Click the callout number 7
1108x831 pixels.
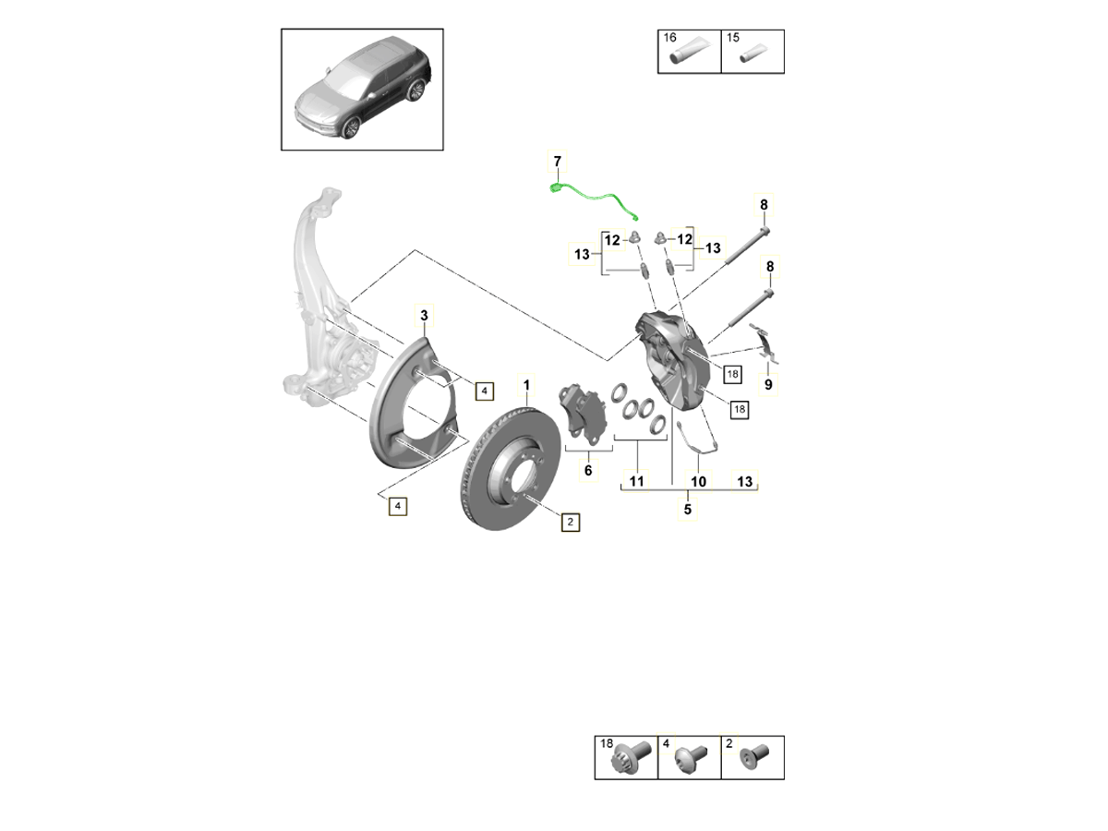click(x=557, y=163)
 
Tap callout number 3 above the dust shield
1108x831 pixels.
click(x=425, y=318)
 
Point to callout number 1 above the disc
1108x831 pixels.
click(x=527, y=384)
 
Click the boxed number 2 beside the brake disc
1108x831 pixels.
click(x=571, y=522)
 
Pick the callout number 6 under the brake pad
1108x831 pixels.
click(x=587, y=471)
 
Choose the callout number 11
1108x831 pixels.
click(x=636, y=480)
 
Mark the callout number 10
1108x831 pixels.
click(x=698, y=481)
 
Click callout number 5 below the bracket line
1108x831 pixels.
click(x=687, y=509)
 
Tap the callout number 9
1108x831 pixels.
click(x=767, y=384)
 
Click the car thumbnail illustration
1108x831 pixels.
click(x=362, y=90)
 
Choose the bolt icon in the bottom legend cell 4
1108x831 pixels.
click(x=690, y=761)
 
